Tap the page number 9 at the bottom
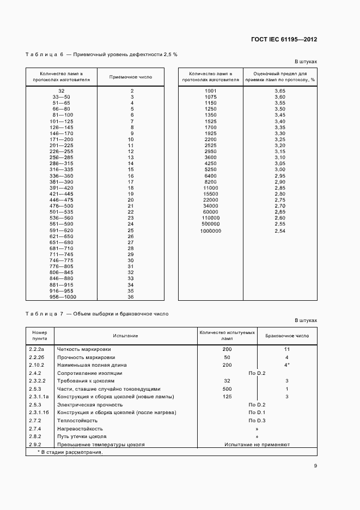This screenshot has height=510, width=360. coord(315,465)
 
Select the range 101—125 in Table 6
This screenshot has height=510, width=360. coord(61,121)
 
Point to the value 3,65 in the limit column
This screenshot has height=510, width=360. coord(280,90)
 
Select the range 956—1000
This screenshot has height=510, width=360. coord(61,297)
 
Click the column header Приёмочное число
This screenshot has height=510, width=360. coord(131,77)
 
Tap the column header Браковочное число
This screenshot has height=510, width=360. coord(286,336)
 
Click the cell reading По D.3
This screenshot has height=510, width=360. coord(257,421)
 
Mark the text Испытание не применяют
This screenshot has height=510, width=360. coord(257,445)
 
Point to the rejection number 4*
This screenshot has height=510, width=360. coord(286,365)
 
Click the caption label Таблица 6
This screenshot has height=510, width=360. coord(45,55)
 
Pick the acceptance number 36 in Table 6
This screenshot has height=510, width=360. coord(131,297)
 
